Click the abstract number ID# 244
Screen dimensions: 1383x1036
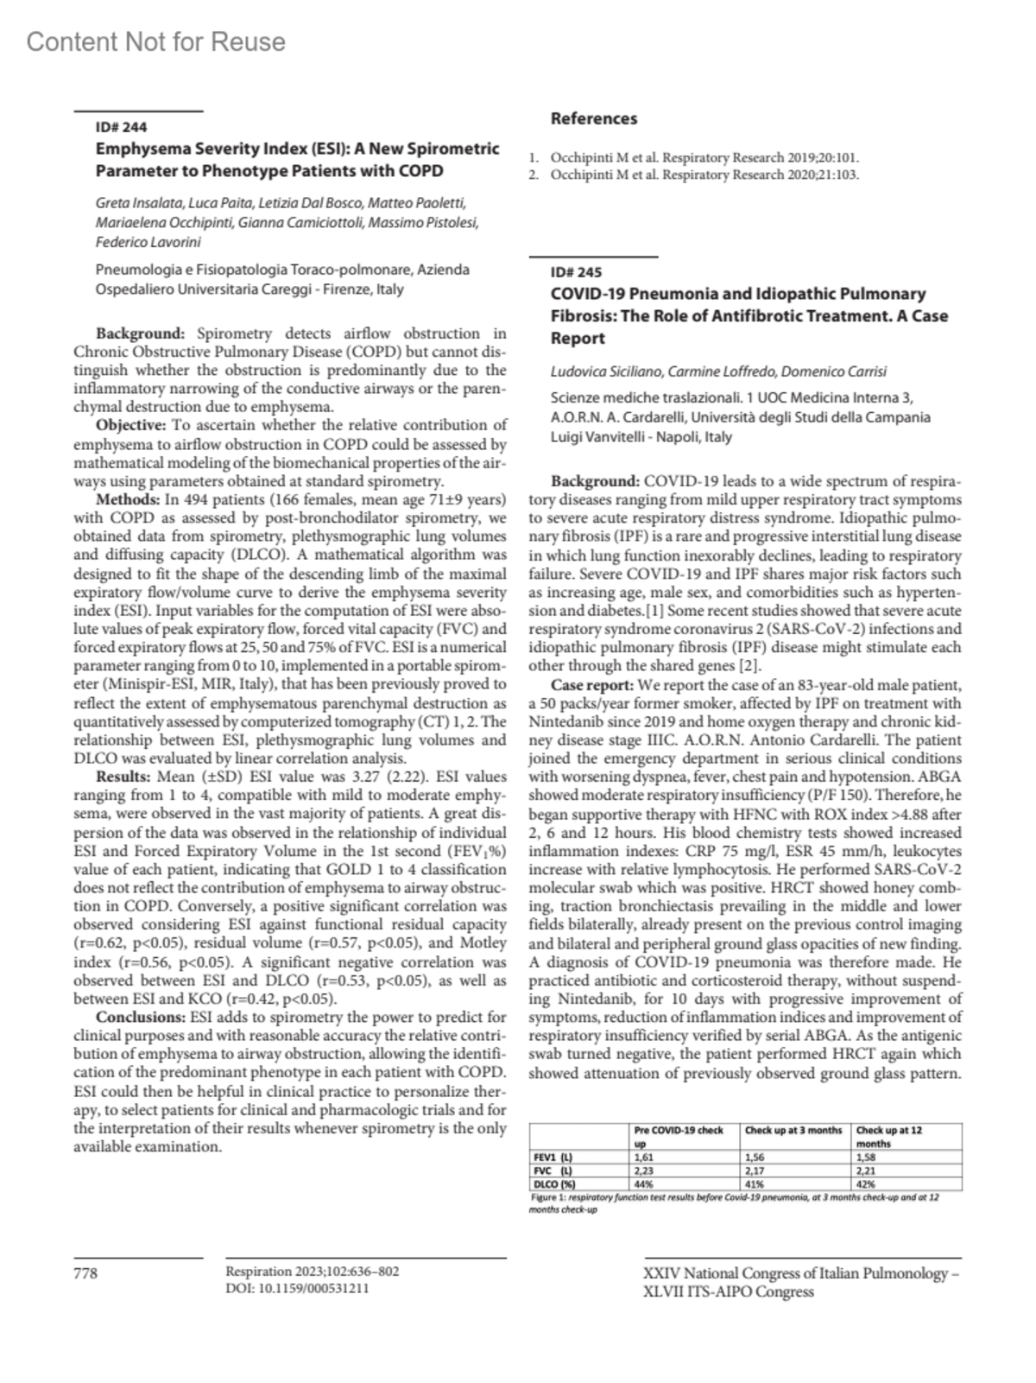[121, 127]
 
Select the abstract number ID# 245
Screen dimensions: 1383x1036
[576, 272]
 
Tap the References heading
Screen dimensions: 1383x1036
[593, 118]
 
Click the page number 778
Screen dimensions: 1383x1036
[85, 1272]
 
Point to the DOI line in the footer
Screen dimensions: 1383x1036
[297, 1288]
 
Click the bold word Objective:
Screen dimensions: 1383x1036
[130, 425]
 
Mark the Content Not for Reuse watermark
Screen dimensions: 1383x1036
[155, 41]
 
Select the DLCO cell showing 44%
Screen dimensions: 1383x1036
[643, 1184]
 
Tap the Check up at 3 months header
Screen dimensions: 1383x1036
[793, 1130]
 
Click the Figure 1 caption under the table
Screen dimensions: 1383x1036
[734, 1203]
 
